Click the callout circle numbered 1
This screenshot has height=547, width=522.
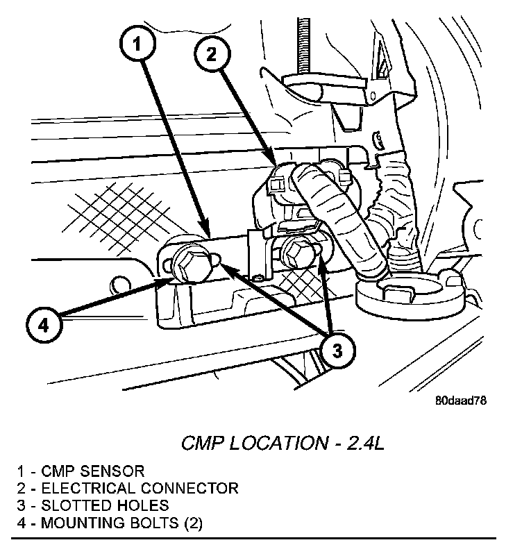coord(138,46)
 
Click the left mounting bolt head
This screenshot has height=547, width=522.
coord(188,262)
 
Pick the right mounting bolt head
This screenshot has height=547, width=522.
coord(297,253)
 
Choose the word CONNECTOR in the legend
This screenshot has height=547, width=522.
coord(189,488)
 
